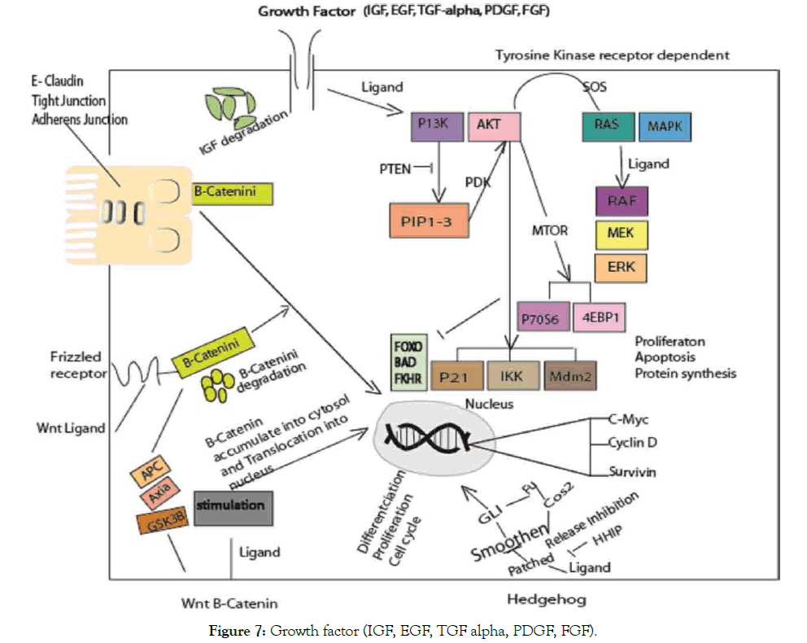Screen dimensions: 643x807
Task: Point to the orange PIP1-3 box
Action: pos(427,220)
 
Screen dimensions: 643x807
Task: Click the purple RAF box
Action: pos(622,200)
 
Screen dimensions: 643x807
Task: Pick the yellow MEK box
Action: pos(622,234)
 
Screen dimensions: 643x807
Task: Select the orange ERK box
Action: pos(622,268)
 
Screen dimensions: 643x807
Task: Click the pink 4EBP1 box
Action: pos(600,317)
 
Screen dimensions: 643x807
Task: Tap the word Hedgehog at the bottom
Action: pos(545,600)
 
